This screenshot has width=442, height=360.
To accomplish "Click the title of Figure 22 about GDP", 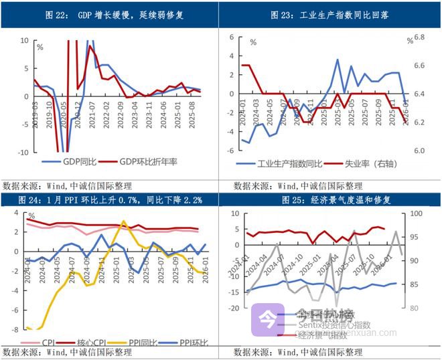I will click(x=110, y=15).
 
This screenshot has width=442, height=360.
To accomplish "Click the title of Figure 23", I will click(x=331, y=15).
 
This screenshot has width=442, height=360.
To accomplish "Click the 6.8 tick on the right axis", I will click(x=420, y=37).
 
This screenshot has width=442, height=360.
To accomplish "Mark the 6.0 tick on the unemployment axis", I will click(x=420, y=151).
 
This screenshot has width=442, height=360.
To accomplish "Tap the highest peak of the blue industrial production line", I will click(x=338, y=60).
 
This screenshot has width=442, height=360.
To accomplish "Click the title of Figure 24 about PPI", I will click(x=110, y=199).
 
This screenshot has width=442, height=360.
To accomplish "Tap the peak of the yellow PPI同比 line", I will click(x=123, y=221).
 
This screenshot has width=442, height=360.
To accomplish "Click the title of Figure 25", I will click(x=331, y=199).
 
